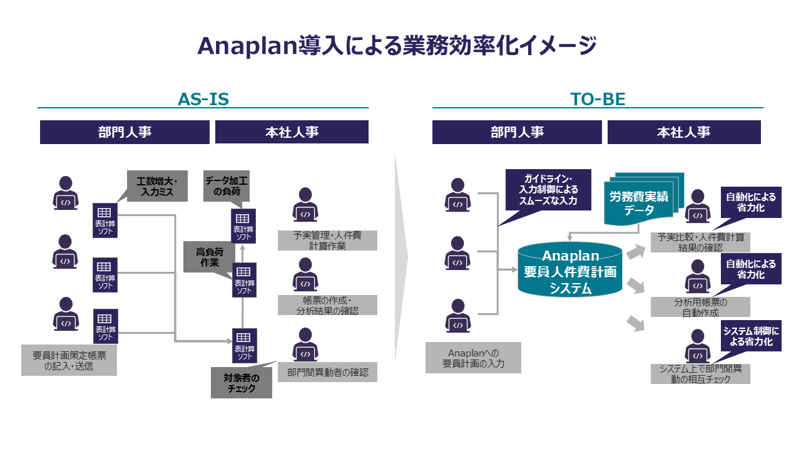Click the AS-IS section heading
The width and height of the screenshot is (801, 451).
203,100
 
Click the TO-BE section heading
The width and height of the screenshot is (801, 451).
598,100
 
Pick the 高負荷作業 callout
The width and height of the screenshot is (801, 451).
209,257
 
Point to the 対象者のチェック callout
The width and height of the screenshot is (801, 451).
242,383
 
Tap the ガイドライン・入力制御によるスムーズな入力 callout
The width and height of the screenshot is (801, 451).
549,187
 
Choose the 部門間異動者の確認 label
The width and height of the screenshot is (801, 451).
328,372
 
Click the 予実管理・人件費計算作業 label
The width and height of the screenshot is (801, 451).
328,241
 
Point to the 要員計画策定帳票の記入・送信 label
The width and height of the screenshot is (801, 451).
69,360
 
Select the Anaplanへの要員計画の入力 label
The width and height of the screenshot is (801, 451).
473,358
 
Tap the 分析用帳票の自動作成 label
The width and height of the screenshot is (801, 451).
700,307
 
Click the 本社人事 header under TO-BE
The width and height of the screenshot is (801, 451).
684,132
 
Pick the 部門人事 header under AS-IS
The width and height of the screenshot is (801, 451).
125,132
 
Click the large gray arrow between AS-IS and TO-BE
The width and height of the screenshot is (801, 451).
400,257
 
